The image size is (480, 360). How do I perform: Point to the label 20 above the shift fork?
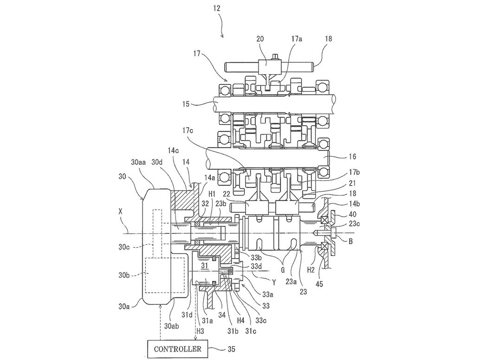260,39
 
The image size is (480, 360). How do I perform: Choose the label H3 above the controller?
200,332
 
